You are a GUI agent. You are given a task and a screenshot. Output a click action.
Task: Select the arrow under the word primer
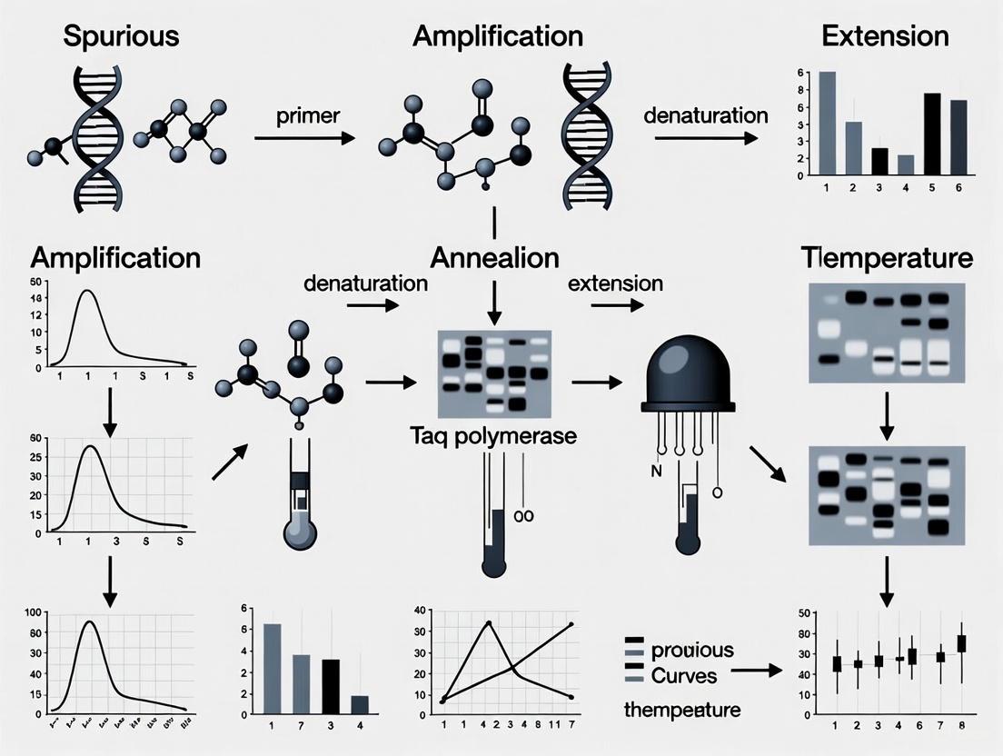303,139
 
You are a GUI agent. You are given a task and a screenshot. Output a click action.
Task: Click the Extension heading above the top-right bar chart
885,36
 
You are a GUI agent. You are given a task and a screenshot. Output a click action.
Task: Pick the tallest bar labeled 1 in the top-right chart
828,124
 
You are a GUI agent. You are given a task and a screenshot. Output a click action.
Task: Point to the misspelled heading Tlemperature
888,258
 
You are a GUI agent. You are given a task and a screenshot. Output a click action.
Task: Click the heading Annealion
494,258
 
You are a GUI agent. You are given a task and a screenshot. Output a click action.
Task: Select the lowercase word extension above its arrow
615,283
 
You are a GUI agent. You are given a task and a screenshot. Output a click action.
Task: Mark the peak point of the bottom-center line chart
490,623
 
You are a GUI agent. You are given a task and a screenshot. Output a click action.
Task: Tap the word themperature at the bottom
682,710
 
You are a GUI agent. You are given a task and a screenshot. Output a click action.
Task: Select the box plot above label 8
961,643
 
